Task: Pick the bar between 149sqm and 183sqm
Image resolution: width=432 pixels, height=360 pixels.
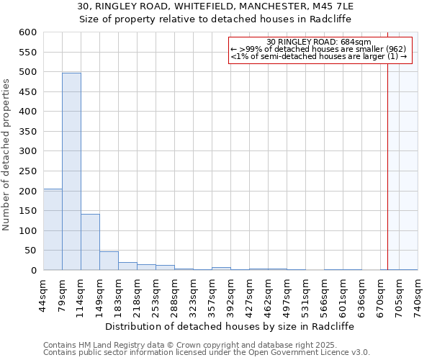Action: (109, 261)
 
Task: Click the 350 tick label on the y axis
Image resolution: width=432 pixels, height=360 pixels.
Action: (27, 132)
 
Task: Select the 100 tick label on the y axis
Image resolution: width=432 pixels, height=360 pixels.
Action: (27, 231)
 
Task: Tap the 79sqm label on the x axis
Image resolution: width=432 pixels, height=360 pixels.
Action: (63, 293)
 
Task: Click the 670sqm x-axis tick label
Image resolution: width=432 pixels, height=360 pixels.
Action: (381, 293)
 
